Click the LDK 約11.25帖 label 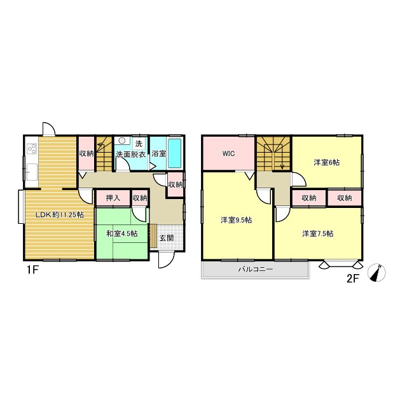pyautogui.click(x=59, y=215)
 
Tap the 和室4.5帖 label pyautogui.click(x=122, y=233)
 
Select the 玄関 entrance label pyautogui.click(x=167, y=238)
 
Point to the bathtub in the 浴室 pyautogui.click(x=174, y=153)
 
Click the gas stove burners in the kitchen pyautogui.click(x=32, y=149)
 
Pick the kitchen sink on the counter pyautogui.click(x=32, y=172)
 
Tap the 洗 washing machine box pyautogui.click(x=139, y=143)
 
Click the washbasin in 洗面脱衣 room pyautogui.click(x=121, y=141)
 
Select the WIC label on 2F pyautogui.click(x=229, y=154)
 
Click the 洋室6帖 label pyautogui.click(x=326, y=163)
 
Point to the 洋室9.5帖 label pyautogui.click(x=236, y=220)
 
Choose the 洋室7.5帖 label pyautogui.click(x=318, y=233)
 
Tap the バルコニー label pyautogui.click(x=256, y=269)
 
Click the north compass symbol pyautogui.click(x=377, y=273)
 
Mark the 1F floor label pyautogui.click(x=32, y=270)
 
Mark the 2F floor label pyautogui.click(x=352, y=279)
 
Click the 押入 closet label pyautogui.click(x=113, y=198)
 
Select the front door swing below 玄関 pyautogui.click(x=165, y=260)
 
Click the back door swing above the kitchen pyautogui.click(x=49, y=128)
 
